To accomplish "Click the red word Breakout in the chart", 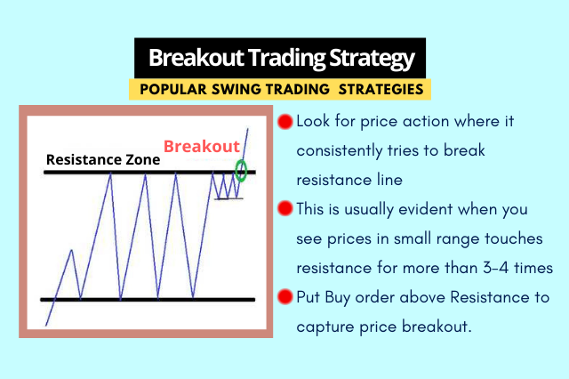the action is point(202,146).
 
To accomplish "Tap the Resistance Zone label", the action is point(103,160).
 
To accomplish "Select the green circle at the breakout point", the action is point(241,171).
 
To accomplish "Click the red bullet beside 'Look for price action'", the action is point(285,122).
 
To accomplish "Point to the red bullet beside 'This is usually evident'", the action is point(285,209).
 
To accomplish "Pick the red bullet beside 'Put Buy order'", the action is point(285,296).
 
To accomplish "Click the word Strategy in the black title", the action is point(372,59).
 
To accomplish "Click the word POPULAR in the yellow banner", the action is point(173,89).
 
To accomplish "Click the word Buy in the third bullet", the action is point(337,298).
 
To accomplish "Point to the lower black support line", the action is point(148,300).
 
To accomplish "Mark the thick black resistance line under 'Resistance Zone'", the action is point(149,172).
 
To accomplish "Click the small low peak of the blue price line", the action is point(72,250).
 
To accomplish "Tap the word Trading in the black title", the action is point(286,59).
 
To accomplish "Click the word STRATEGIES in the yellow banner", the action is point(381,89).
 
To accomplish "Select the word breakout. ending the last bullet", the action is point(437,327).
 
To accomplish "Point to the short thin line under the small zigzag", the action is point(228,198).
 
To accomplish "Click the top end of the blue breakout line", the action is point(248,128).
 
